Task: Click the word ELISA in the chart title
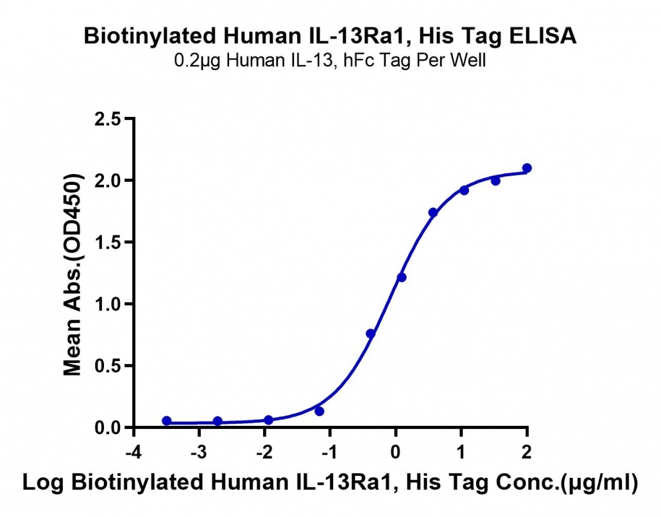542,35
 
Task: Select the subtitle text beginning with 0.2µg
330,61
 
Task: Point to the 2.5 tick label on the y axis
108,119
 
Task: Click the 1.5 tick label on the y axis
108,243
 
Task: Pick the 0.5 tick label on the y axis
108,366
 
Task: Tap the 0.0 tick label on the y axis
108,428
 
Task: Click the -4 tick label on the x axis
133,452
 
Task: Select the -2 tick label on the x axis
264,452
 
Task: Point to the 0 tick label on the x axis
395,452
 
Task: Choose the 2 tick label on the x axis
526,452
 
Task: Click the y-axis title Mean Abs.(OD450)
72,274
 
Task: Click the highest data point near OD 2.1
526,168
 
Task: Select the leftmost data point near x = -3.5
166,421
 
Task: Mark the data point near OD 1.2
401,277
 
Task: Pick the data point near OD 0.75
370,334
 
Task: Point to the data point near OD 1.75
433,213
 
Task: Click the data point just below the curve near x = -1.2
319,411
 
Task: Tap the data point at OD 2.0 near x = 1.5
495,180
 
